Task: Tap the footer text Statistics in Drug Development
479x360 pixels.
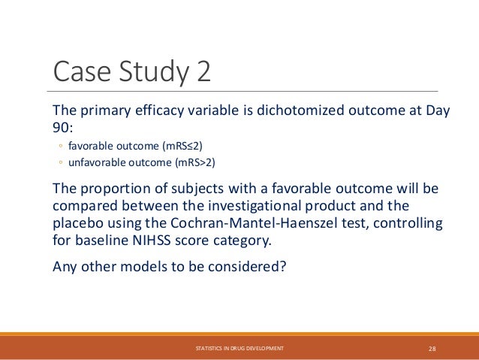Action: pyautogui.click(x=239, y=349)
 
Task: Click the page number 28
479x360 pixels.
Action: pyautogui.click(x=432, y=349)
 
